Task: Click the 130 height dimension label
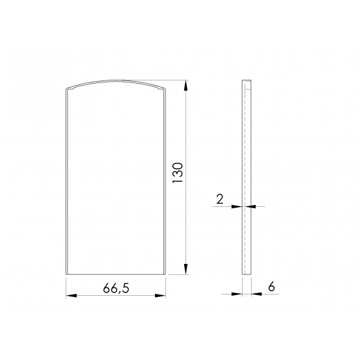click(178, 173)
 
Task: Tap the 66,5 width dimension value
click(116, 288)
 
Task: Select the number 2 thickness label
click(220, 199)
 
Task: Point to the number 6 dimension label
click(271, 287)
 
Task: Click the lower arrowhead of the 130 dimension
click(186, 269)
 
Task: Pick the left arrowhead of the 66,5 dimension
click(71, 296)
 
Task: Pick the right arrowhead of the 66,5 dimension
click(160, 296)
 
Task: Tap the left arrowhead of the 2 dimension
click(237, 207)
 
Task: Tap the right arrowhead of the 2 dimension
click(250, 207)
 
